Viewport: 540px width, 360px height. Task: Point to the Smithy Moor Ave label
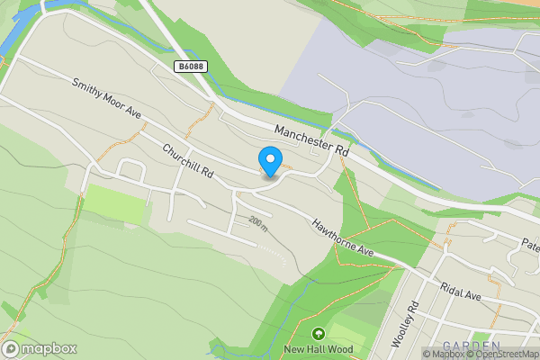[x=108, y=98]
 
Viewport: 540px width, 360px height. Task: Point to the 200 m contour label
[x=260, y=223]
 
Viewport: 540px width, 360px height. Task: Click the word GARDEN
[x=472, y=346]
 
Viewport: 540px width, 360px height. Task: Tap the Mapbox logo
[x=39, y=348]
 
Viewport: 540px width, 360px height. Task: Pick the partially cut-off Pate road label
[x=530, y=244]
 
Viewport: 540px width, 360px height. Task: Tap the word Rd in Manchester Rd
[x=340, y=154]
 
